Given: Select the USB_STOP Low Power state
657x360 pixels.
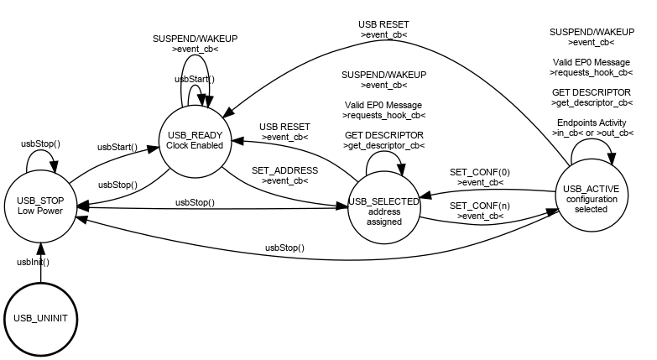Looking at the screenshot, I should click(40, 206).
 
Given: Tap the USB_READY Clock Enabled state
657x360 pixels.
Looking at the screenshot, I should click(195, 140).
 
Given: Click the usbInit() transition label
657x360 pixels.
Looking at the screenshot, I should click(34, 262).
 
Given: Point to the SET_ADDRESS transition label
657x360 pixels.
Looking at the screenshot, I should click(284, 170).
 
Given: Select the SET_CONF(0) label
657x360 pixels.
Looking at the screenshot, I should click(480, 172).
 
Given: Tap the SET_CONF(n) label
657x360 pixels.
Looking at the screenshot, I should click(480, 206).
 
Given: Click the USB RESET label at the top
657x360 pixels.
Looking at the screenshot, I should click(383, 24).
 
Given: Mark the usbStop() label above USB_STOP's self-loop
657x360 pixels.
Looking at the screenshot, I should click(39, 143).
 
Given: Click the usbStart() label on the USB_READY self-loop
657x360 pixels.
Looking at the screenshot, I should click(195, 79).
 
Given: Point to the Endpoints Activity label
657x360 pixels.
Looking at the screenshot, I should click(590, 123).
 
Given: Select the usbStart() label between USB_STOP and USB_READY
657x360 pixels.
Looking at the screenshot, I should click(117, 147).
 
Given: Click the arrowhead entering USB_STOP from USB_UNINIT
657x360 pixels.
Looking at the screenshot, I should click(40, 245).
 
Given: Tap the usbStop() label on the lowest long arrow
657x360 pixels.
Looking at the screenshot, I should click(284, 248).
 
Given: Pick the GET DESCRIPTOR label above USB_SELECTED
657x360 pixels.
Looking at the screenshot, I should click(383, 135).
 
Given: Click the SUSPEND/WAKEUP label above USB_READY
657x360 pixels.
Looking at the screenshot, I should click(195, 39).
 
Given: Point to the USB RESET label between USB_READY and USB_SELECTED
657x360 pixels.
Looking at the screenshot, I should click(284, 126).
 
